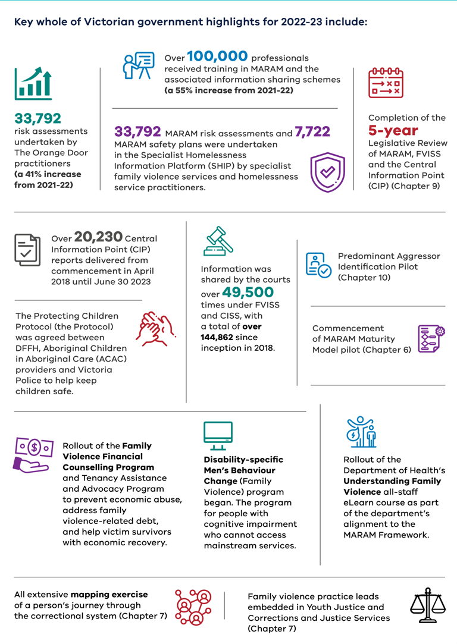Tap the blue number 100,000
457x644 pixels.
217,56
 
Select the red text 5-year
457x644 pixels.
393,130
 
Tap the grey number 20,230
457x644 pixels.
98,237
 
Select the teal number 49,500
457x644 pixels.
248,292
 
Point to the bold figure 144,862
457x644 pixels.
224,337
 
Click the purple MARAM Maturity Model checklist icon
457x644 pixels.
431,339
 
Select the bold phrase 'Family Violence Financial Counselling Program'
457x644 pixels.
104,456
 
